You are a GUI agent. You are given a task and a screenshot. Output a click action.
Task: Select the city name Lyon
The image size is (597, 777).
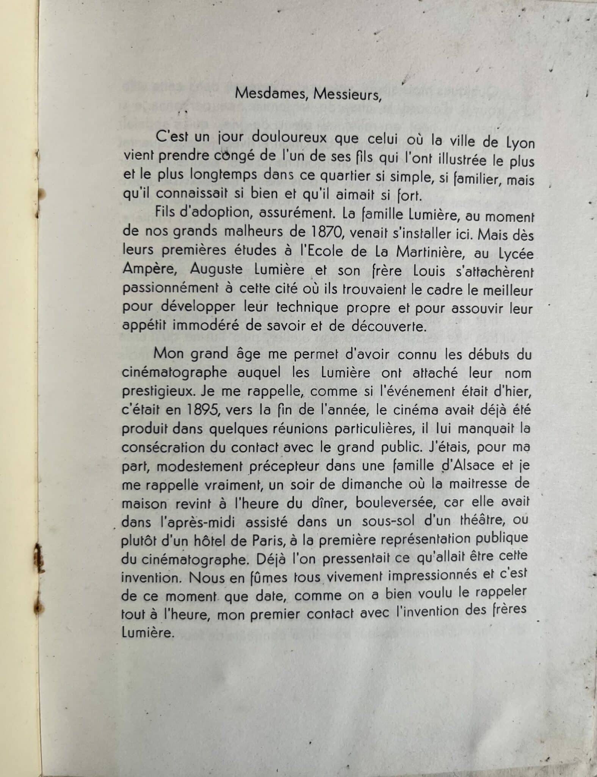[x=520, y=143]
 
